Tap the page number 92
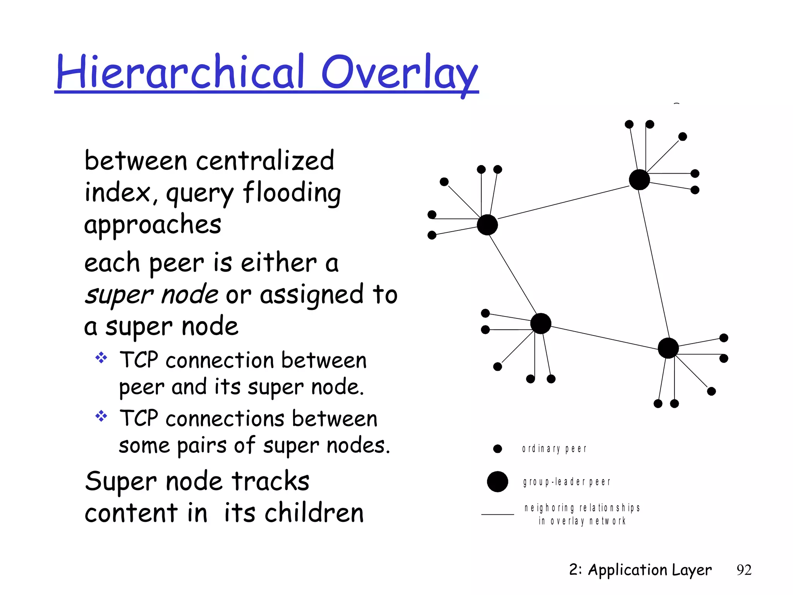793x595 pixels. pyautogui.click(x=744, y=570)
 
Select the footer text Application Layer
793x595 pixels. pyautogui.click(x=649, y=570)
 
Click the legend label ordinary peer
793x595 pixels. pyautogui.click(x=554, y=449)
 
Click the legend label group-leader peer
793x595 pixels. pyautogui.click(x=566, y=482)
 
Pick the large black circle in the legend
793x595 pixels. pyautogui.click(x=497, y=482)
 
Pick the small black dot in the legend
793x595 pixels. pyautogui.click(x=498, y=449)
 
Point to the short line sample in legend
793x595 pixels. pyautogui.click(x=498, y=514)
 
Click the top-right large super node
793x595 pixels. pyautogui.click(x=639, y=180)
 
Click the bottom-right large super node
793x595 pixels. pyautogui.click(x=668, y=348)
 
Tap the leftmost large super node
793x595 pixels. pyautogui.click(x=487, y=225)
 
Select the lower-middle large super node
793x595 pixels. pyautogui.click(x=541, y=323)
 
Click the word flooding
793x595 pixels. pyautogui.click(x=292, y=193)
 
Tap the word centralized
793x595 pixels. pyautogui.click(x=265, y=160)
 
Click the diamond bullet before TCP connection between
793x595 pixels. pyautogui.click(x=101, y=358)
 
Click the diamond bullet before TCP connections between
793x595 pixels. pyautogui.click(x=101, y=416)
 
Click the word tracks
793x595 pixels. pyautogui.click(x=271, y=482)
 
